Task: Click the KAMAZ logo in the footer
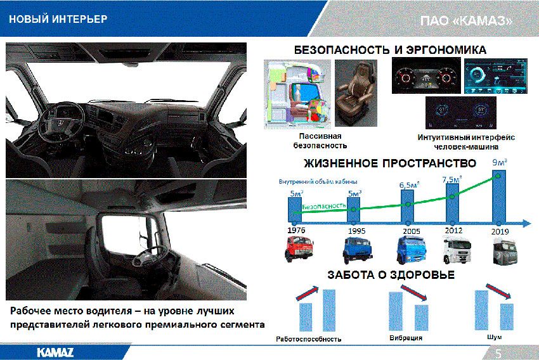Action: coord(55,352)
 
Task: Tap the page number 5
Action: coord(498,354)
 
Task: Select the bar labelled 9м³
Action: coord(499,196)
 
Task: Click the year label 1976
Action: coord(296,230)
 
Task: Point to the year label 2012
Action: coord(453,230)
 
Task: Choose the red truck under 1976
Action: coord(299,248)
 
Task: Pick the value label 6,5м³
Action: coord(409,185)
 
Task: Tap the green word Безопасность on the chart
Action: coord(324,206)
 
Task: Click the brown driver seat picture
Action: coord(356,93)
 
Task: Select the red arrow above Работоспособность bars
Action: coord(308,293)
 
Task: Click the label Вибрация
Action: coord(406,338)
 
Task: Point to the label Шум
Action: coord(495,337)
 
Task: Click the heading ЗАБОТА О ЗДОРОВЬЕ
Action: coord(391,275)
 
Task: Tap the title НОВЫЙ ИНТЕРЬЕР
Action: coord(58,19)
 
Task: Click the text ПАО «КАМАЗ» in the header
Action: coord(466,21)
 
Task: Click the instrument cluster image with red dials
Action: coord(426,75)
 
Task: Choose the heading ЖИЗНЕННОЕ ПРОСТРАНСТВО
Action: coord(390,163)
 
